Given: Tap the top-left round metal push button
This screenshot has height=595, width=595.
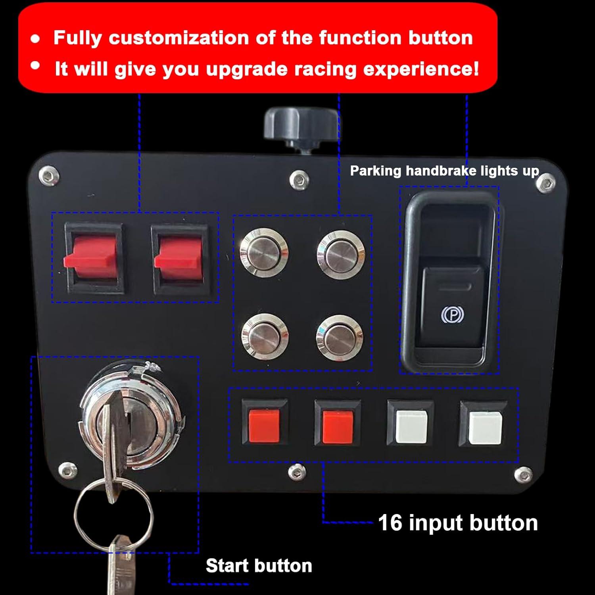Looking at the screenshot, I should (x=264, y=252).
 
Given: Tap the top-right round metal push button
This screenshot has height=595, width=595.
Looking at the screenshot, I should (x=340, y=253).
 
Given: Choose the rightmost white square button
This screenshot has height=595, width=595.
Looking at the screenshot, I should (x=484, y=427).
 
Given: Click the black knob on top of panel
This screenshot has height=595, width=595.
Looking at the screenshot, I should (x=301, y=124).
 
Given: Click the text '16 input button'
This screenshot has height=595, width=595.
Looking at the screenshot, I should (x=458, y=523).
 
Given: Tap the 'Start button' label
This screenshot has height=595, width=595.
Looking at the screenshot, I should (x=259, y=566).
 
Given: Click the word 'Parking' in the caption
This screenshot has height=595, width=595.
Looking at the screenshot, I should (x=375, y=171).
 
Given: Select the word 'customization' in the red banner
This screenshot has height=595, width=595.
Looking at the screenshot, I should (x=178, y=38).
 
